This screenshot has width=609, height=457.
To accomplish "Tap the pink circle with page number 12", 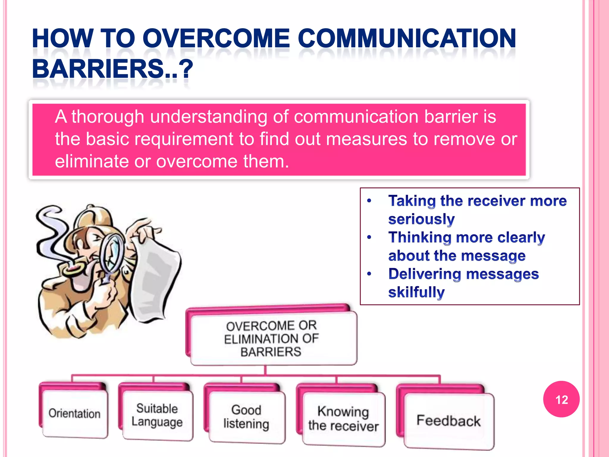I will coord(561,399).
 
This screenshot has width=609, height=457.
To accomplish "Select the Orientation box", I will coord(75,414).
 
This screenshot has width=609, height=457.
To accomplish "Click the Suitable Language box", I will coord(157,415).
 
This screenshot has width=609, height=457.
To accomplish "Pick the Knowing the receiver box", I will coord(343,419).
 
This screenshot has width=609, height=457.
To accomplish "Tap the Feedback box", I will coord(448,421).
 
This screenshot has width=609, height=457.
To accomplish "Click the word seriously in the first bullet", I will coord(421,219).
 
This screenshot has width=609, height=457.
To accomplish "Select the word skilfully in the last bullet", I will coord(416,292).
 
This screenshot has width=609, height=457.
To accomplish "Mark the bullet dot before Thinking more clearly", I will coord(369,237).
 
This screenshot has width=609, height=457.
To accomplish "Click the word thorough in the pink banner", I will coord(108,116).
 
